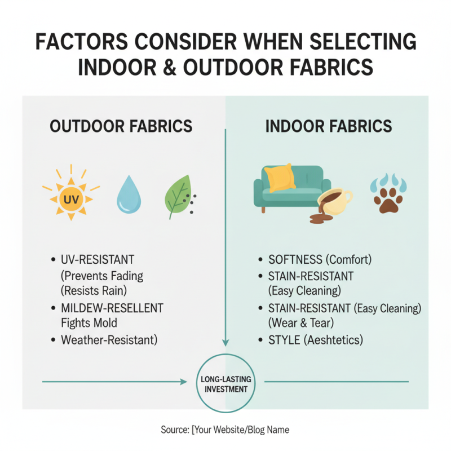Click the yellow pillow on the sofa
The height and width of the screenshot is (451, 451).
[x=280, y=178]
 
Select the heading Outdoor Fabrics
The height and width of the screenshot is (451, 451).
[x=121, y=126]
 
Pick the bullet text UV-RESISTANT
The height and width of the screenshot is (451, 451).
[x=98, y=260]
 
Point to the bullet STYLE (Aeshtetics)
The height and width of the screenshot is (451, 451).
[x=316, y=340]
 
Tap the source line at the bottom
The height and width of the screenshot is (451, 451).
[x=225, y=430]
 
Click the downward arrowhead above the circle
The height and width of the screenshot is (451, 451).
[x=225, y=342]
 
